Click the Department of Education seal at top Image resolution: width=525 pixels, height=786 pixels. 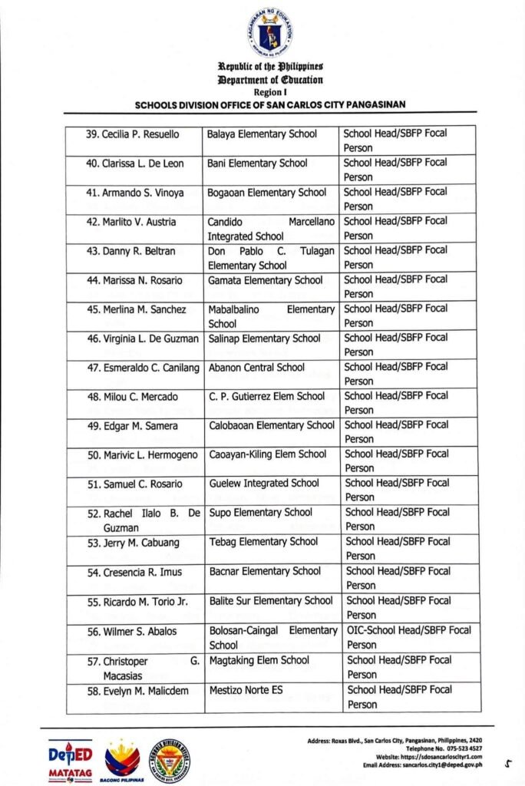269,34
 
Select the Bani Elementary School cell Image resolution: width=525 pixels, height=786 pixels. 257,163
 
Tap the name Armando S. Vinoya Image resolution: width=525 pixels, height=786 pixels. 134,193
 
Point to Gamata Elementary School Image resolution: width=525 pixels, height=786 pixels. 266,280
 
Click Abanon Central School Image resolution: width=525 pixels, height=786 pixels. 256,368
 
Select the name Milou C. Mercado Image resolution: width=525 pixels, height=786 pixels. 132,397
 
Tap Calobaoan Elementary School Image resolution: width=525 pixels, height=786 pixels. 272,425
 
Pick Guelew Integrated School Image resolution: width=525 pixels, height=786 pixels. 264,484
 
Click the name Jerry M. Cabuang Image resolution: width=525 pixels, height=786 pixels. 133,543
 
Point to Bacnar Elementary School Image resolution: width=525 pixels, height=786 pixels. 265,571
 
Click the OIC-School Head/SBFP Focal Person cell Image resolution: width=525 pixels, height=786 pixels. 408,637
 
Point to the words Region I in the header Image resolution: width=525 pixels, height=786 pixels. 269,91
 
